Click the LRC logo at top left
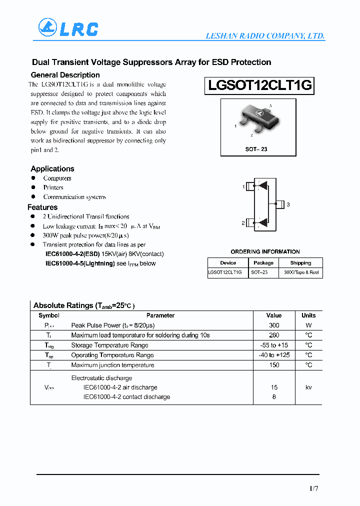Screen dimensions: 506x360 click(68, 29)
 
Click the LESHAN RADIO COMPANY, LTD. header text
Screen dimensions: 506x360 click(265, 36)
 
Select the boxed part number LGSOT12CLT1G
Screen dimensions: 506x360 click(259, 85)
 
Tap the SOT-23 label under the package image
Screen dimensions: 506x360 click(256, 149)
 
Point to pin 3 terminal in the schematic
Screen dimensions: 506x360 click(279, 204)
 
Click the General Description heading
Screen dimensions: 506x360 click(65, 75)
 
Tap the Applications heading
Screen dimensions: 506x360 click(52, 169)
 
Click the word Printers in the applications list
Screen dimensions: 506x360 click(53, 187)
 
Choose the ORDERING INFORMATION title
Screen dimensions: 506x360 click(265, 251)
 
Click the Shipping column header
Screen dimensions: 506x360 click(300, 263)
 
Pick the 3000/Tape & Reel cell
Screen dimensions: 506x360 click(300, 272)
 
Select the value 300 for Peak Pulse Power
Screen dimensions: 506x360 click(274, 325)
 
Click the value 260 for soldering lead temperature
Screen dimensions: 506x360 click(274, 335)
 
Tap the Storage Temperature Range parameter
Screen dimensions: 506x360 click(109, 345)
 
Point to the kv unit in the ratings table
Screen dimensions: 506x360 click(308, 387)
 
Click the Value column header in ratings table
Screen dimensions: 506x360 click(274, 315)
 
